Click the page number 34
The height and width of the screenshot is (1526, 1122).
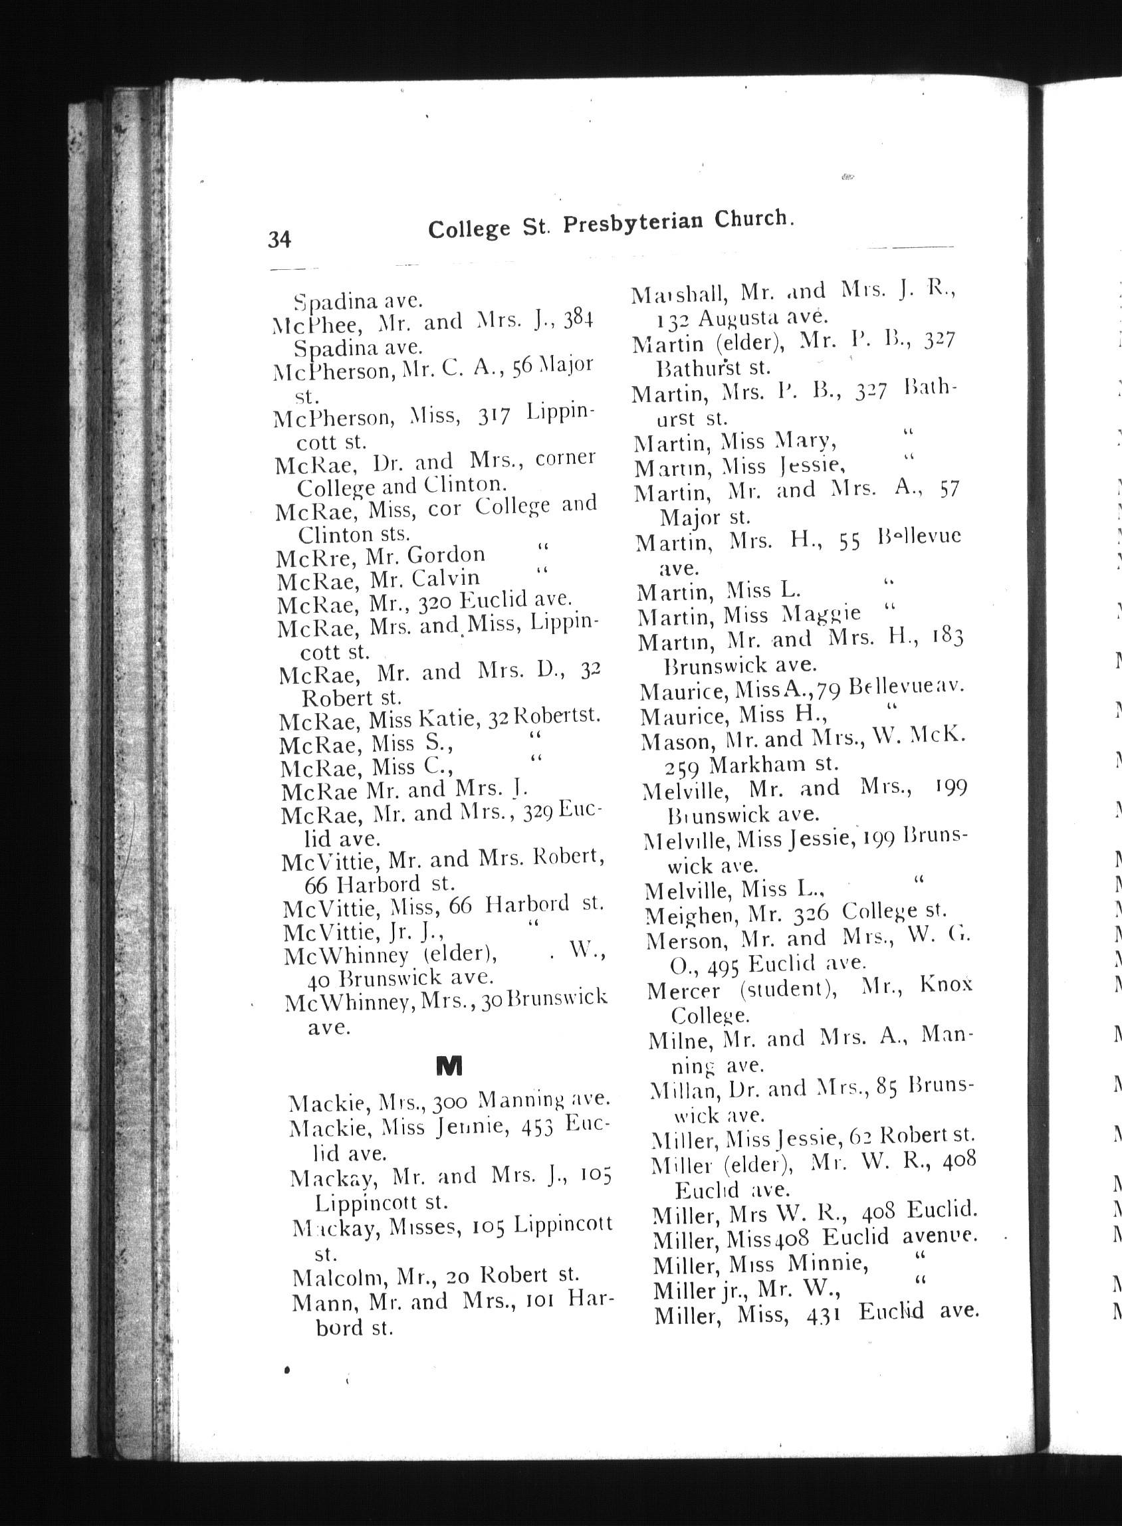[279, 239]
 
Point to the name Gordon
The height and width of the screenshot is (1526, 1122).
[445, 555]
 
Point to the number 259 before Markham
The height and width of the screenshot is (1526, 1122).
[681, 767]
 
